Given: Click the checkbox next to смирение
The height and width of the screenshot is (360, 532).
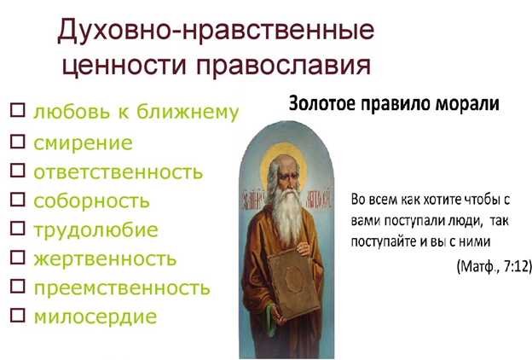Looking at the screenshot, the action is tap(18, 142).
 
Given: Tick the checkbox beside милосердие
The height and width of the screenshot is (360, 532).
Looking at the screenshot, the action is tap(18, 315).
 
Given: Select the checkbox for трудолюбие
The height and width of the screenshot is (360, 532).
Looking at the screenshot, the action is tap(18, 229).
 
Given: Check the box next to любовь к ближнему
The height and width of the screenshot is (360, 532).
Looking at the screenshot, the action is tap(18, 110).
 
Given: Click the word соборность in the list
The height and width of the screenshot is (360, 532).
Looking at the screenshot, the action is tap(91, 200).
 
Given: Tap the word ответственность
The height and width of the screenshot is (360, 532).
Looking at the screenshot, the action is tap(118, 171).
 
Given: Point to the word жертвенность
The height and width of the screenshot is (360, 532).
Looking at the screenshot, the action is tap(105, 258).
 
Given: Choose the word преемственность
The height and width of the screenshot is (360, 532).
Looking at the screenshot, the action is tap(122, 288).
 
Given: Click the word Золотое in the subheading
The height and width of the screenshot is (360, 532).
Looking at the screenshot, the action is tap(321, 103).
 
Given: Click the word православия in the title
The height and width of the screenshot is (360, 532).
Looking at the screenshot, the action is tap(284, 65).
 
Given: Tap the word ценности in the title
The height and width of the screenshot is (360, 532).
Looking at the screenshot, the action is tap(124, 65).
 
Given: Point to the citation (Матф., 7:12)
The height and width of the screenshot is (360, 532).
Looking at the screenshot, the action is tap(494, 266).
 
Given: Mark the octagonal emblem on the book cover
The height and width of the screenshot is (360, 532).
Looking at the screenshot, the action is tap(294, 279).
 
